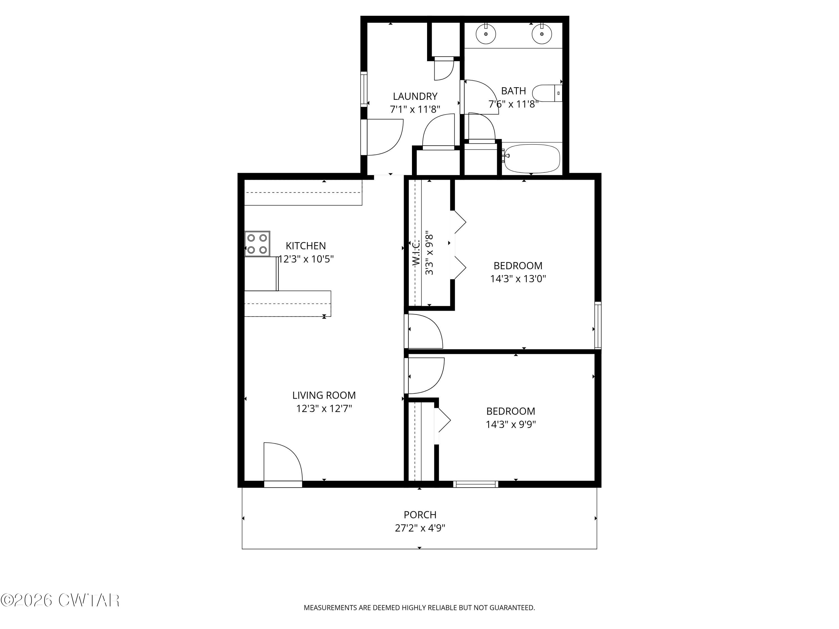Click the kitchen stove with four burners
pyautogui.click(x=257, y=244)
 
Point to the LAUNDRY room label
pyautogui.click(x=415, y=96)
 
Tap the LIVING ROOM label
pyautogui.click(x=324, y=395)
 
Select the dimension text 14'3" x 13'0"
pyautogui.click(x=518, y=279)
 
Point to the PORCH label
pyautogui.click(x=420, y=514)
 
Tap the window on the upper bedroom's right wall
pyautogui.click(x=598, y=325)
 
